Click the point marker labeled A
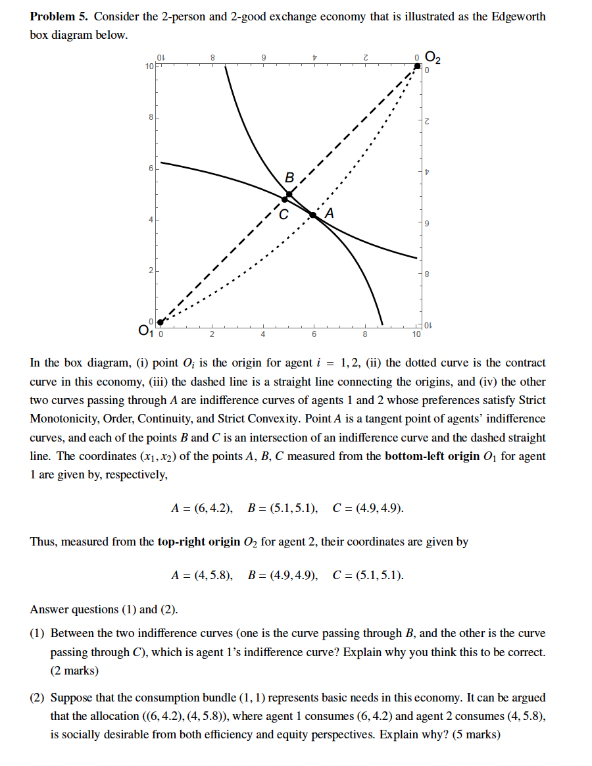[313, 215]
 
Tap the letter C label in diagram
[283, 215]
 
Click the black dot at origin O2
[416, 66]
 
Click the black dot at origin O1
[160, 322]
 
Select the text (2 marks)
[74, 671]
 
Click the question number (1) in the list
[37, 633]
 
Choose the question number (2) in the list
[37, 697]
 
